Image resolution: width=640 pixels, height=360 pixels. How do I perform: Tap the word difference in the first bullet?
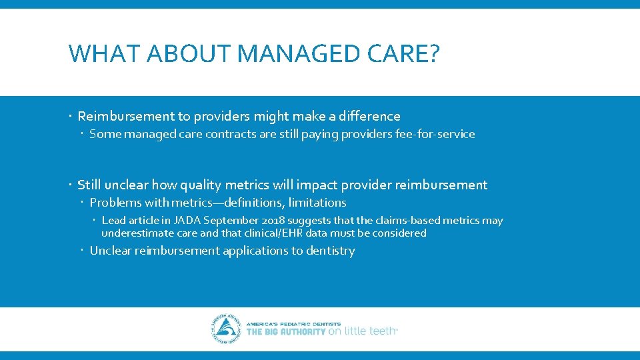coord(368,116)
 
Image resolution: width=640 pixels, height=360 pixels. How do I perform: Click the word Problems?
coord(115,203)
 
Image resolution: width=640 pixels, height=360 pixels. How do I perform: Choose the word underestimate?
coord(133,233)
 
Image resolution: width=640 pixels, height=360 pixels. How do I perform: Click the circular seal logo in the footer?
coord(227,329)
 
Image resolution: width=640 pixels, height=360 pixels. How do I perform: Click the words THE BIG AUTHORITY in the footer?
coord(286,331)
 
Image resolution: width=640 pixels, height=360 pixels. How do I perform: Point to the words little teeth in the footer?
coord(369,331)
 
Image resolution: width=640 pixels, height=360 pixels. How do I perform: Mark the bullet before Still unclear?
coord(71,185)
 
